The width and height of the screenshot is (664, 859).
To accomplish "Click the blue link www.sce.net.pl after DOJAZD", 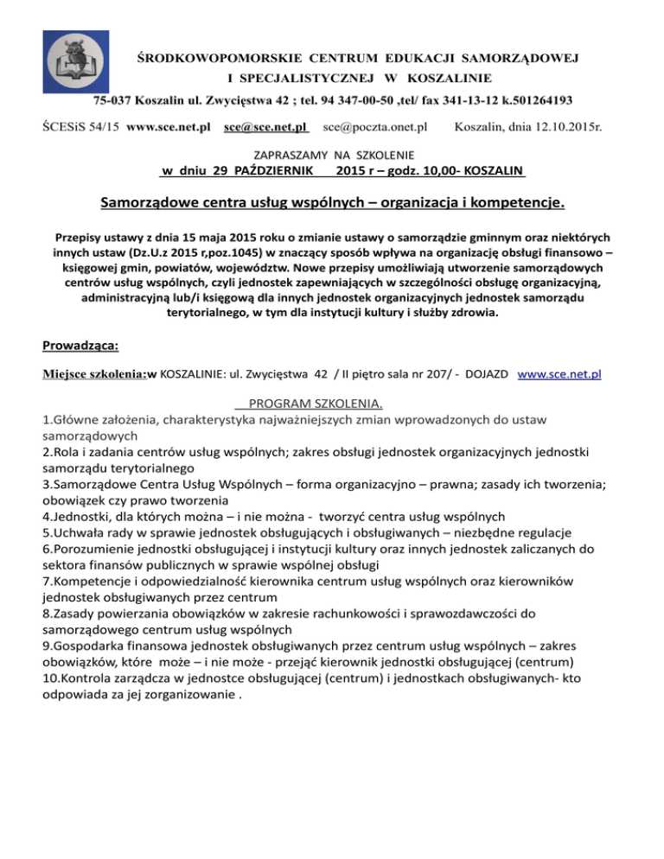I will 559,377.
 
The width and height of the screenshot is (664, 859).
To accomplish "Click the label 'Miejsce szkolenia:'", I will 93,377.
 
